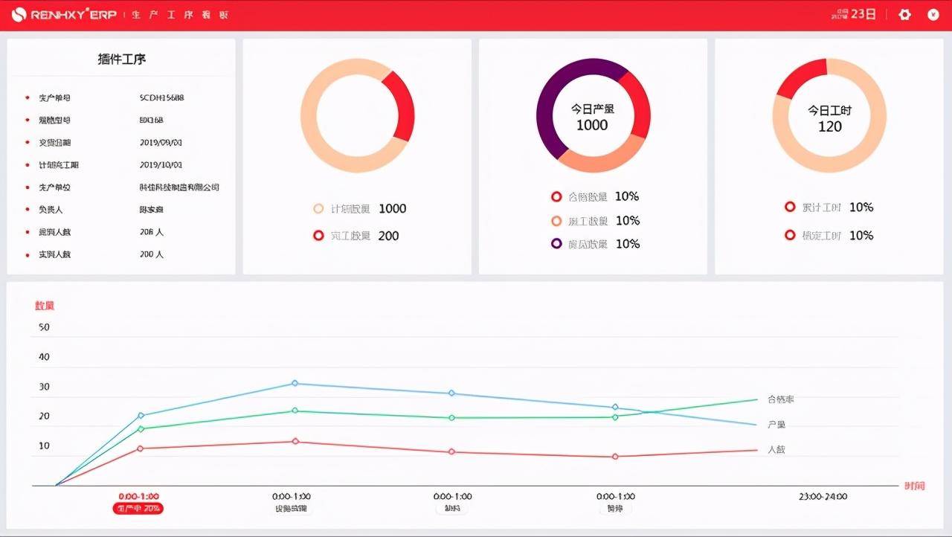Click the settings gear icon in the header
pos(904,14)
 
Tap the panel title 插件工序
pos(122,60)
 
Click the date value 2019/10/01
pos(161,165)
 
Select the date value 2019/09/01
pos(161,143)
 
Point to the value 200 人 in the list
pos(152,254)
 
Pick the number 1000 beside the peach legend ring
pos(392,209)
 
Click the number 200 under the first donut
pos(388,236)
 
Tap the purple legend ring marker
pos(556,244)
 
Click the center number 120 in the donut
pos(829,126)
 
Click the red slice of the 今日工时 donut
pos(800,77)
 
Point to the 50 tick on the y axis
pos(44,327)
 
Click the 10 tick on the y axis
pos(44,446)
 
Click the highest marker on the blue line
pos(295,383)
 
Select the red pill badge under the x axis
pos(138,509)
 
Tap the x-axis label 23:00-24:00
pos(823,497)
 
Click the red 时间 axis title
pos(915,486)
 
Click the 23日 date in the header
pos(863,14)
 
